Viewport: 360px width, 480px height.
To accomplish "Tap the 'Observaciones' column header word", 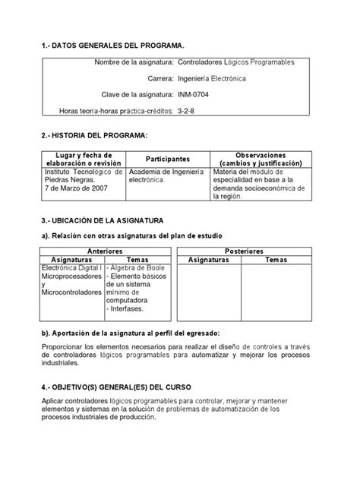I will pyautogui.click(x=261, y=154).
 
